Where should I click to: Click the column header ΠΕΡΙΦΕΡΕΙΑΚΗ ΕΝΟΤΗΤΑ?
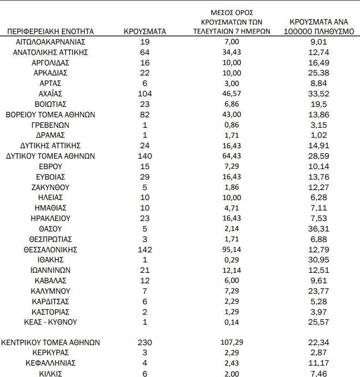50,31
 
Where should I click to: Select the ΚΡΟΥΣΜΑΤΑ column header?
145,31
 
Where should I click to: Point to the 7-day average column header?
232,22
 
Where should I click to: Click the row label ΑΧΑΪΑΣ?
50,94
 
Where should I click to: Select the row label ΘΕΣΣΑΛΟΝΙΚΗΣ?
50,249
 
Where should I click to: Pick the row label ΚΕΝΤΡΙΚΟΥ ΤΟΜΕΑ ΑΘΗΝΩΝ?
51,342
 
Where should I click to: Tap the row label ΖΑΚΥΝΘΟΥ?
50,187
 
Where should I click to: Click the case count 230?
145,342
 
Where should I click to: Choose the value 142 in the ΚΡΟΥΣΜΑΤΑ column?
145,249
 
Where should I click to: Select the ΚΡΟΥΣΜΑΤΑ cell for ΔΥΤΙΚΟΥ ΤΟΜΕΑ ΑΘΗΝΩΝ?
145,156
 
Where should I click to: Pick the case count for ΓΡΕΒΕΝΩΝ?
145,125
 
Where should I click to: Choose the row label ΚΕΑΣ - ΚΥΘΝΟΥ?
50,322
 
